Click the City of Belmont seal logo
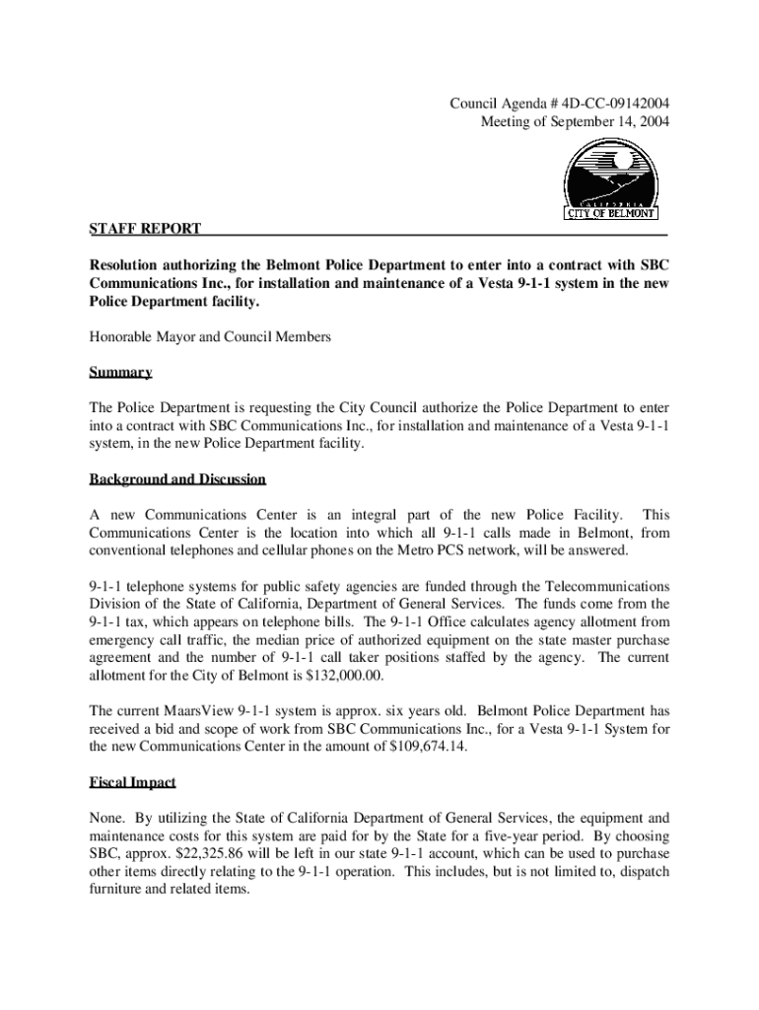tap(611, 180)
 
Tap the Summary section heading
tap(120, 373)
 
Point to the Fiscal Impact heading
tap(132, 782)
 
